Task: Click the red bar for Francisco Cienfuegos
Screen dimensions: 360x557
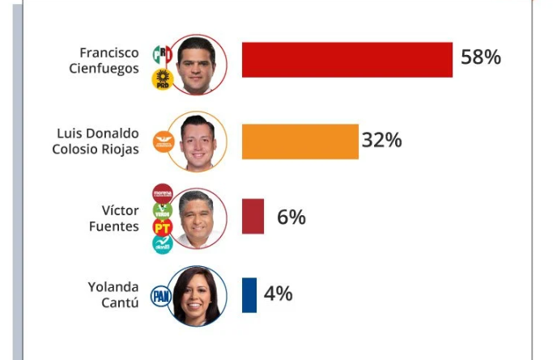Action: click(347, 59)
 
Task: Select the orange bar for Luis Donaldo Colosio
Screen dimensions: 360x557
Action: click(300, 141)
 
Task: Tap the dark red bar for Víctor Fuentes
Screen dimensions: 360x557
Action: click(253, 216)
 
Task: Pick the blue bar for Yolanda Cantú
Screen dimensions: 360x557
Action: click(249, 294)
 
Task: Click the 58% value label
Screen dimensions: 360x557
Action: click(481, 57)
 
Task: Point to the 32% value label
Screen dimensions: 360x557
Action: click(381, 140)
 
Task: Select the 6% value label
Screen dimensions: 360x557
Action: click(291, 217)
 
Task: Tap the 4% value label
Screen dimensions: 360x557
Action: click(278, 294)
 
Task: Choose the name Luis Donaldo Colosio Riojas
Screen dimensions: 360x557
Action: click(97, 141)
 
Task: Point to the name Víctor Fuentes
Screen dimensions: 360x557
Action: click(113, 218)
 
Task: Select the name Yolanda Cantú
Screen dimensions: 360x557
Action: click(113, 294)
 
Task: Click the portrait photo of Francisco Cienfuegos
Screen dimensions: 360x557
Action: click(199, 65)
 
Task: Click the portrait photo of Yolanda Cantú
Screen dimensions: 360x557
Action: click(198, 295)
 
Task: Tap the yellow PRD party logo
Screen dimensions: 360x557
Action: click(163, 79)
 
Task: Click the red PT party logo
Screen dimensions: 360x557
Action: click(163, 227)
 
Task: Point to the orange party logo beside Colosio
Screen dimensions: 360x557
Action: click(165, 139)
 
